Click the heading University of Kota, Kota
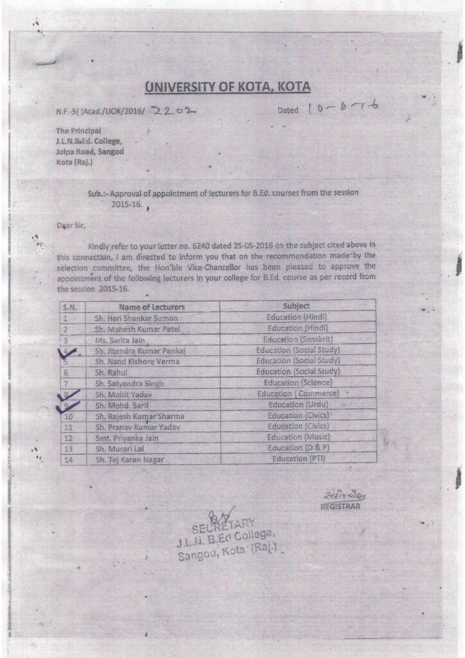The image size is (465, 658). click(228, 87)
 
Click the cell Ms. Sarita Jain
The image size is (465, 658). click(121, 340)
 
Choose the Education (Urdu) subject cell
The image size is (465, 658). click(297, 405)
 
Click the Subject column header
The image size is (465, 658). click(297, 307)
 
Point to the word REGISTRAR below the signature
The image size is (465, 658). click(340, 506)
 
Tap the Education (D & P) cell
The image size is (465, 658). click(297, 448)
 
